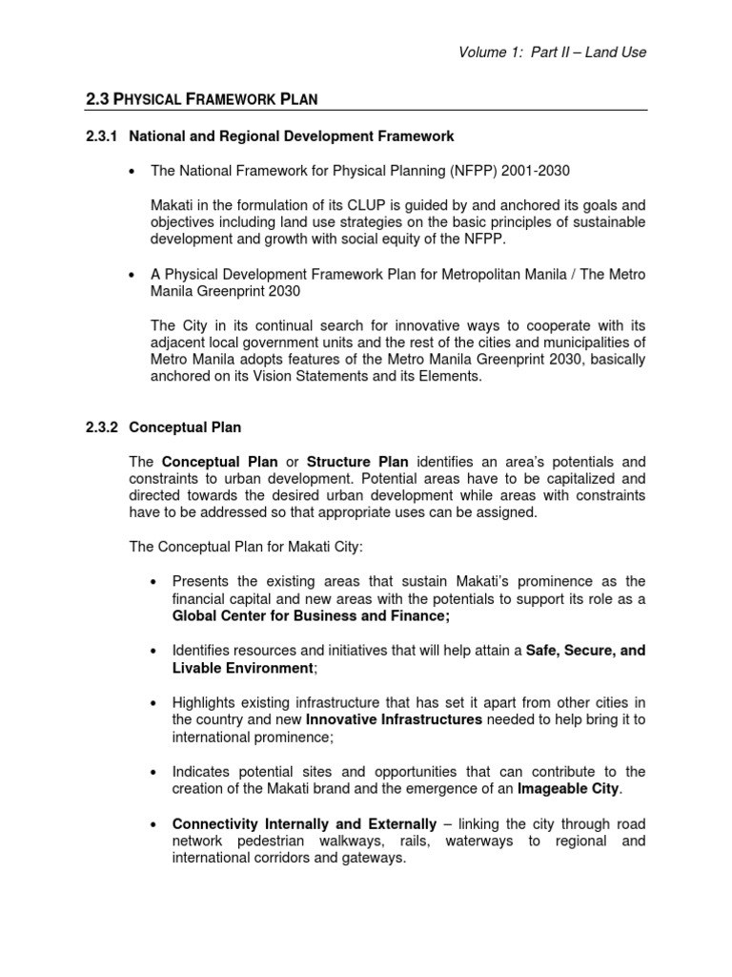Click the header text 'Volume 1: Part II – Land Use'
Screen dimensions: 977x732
pos(553,52)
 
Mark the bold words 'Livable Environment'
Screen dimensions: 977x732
pos(242,667)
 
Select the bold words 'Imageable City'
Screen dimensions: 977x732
pos(567,788)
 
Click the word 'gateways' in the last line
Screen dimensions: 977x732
pos(377,858)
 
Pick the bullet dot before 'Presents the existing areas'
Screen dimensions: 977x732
pos(154,582)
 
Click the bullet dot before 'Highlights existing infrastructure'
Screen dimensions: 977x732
pos(154,703)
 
